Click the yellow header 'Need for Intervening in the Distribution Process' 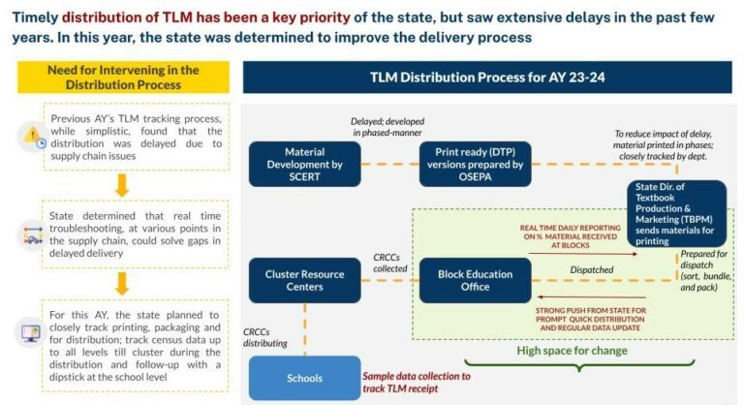point(122,77)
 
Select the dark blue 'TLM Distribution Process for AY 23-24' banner point(486,77)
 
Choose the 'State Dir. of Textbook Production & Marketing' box point(675,211)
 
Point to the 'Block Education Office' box point(474,280)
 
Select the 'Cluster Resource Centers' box point(304,280)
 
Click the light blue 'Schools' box point(304,379)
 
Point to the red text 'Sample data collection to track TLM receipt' point(416,382)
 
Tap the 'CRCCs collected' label point(391,264)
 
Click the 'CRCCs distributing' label point(265,336)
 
